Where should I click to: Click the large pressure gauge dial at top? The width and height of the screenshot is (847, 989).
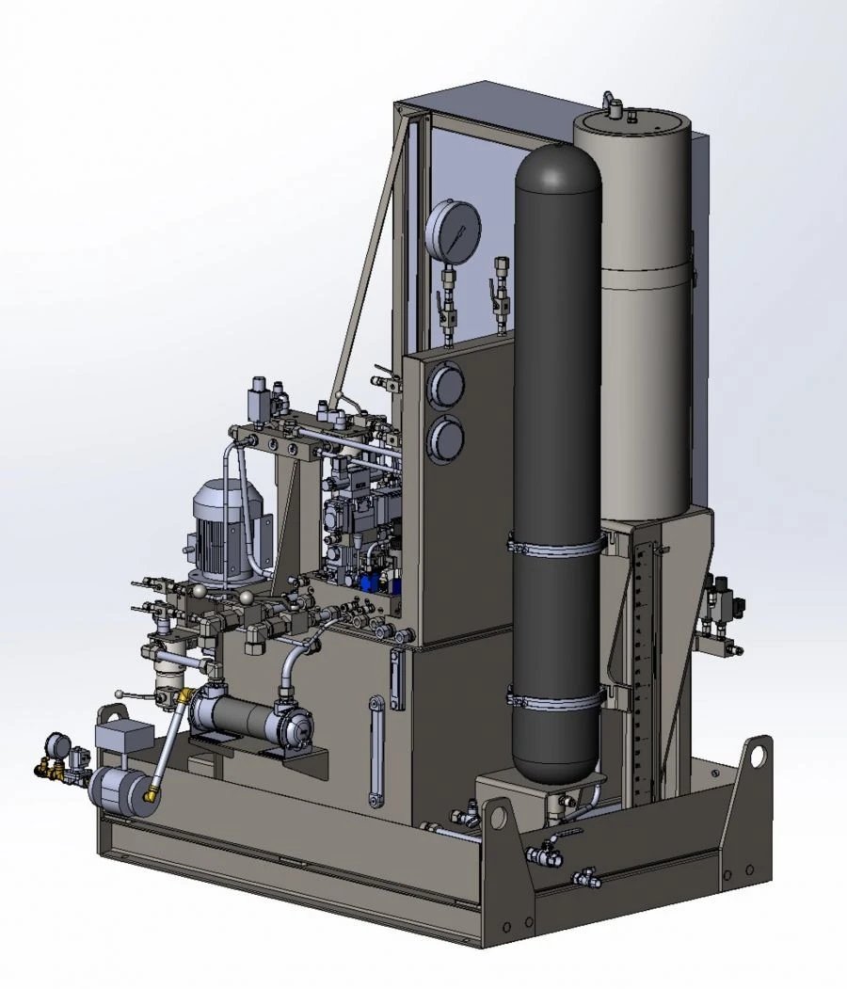453,229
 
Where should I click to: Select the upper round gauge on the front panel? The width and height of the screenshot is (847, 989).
445,386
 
